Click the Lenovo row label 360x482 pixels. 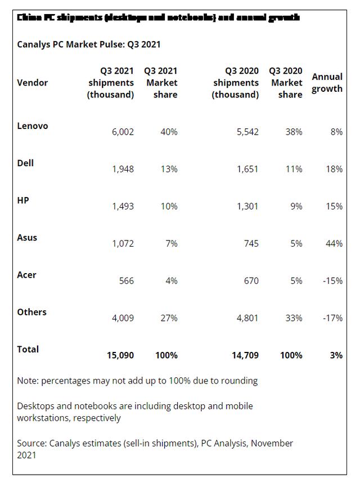(x=33, y=126)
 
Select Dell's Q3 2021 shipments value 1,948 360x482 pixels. (x=120, y=169)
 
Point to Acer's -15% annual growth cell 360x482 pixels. (x=332, y=280)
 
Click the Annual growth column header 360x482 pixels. (x=327, y=83)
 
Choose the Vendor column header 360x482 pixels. (x=33, y=83)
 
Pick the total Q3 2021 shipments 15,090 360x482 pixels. (x=120, y=355)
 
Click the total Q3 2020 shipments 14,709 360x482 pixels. (x=245, y=355)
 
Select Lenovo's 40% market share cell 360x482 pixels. (x=169, y=132)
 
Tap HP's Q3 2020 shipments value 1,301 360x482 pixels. (x=245, y=206)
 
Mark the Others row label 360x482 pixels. (x=32, y=312)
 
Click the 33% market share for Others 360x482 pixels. (x=293, y=318)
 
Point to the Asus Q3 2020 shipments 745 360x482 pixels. (x=250, y=243)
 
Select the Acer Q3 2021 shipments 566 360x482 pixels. (x=126, y=280)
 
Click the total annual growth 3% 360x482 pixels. (x=336, y=355)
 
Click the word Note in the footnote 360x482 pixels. (x=27, y=381)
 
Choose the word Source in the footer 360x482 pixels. (x=31, y=443)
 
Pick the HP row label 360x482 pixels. (x=23, y=200)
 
